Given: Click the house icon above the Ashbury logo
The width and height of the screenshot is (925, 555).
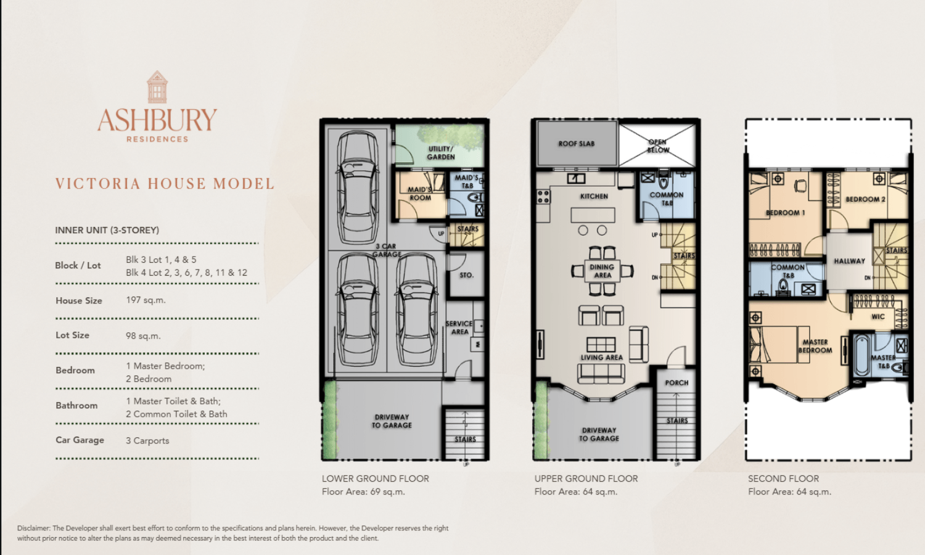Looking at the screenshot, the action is (157, 87).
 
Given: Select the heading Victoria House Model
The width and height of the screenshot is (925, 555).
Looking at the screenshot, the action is (165, 184).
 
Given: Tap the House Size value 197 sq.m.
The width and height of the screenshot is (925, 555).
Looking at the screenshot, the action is (146, 300).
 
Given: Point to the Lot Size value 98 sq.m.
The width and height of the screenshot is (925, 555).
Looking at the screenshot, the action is (143, 335).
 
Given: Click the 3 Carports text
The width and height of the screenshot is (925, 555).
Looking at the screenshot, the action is (147, 441).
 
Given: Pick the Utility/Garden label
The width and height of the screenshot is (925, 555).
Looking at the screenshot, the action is (441, 153).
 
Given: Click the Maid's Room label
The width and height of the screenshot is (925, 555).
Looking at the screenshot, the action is (420, 194).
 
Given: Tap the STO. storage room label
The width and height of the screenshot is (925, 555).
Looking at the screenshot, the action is (467, 275).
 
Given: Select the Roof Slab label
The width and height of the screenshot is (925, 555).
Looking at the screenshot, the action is (577, 144).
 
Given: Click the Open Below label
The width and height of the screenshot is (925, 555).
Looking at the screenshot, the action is (658, 146).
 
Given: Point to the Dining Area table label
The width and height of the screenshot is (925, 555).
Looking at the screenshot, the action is (602, 271).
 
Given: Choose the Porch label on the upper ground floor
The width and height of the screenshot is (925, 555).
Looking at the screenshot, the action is (677, 383).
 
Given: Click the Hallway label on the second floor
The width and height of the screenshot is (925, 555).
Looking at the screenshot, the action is (849, 261).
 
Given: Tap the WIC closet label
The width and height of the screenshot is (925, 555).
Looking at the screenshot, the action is (878, 317).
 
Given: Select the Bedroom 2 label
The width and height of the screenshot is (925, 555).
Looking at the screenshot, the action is (866, 199).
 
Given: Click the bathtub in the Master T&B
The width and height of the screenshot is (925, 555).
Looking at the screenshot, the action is (862, 355).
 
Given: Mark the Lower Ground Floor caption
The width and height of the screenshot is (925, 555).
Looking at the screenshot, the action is (376, 479).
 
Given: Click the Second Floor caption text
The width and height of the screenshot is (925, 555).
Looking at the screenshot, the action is (783, 479).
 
